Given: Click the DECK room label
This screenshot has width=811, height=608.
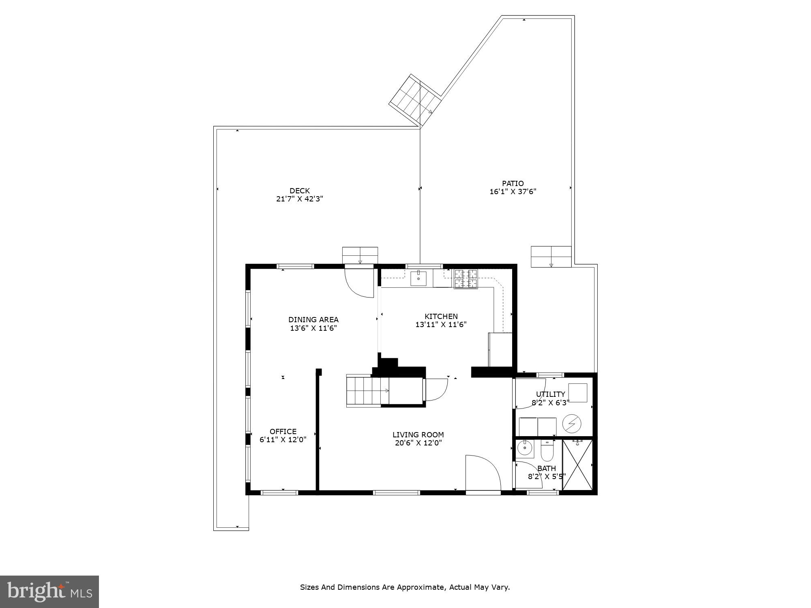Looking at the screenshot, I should [x=299, y=191].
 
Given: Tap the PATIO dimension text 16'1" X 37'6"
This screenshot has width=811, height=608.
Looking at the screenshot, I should [x=513, y=192].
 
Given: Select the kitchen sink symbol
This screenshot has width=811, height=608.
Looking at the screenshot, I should [x=418, y=278].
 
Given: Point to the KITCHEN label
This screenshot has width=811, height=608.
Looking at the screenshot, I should [x=441, y=316].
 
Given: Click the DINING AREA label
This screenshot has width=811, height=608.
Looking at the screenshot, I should [x=313, y=319].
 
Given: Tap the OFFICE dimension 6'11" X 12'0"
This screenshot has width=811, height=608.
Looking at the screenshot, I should [x=283, y=439].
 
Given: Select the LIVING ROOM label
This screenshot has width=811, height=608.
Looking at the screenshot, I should [x=418, y=435].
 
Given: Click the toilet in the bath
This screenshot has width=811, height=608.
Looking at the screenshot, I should [x=547, y=452].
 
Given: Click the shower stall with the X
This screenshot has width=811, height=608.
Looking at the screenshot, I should [x=577, y=465].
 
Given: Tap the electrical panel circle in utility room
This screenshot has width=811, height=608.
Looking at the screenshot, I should [x=571, y=424].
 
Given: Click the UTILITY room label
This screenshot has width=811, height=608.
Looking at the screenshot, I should [x=550, y=394].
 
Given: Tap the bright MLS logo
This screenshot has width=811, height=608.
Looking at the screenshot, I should [x=49, y=591].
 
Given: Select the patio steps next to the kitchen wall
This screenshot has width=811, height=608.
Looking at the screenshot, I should [x=551, y=257].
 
